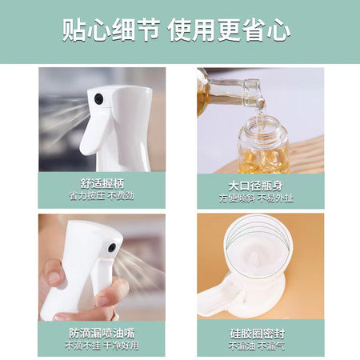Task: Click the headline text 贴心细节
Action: [111, 30]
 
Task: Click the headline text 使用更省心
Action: [229, 30]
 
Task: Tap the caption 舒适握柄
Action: [102, 184]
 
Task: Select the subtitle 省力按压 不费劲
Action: [102, 196]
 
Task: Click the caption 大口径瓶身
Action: [256, 186]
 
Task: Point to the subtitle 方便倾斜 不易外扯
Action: [256, 198]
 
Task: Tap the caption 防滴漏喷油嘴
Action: [102, 334]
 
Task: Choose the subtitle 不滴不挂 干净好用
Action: [102, 346]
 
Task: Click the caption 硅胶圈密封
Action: [258, 334]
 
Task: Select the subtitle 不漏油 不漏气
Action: [257, 346]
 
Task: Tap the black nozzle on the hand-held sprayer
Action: [112, 248]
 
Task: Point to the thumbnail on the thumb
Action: [54, 278]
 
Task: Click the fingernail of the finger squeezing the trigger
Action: [103, 302]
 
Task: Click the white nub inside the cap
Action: [254, 258]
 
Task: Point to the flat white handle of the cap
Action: [214, 298]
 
